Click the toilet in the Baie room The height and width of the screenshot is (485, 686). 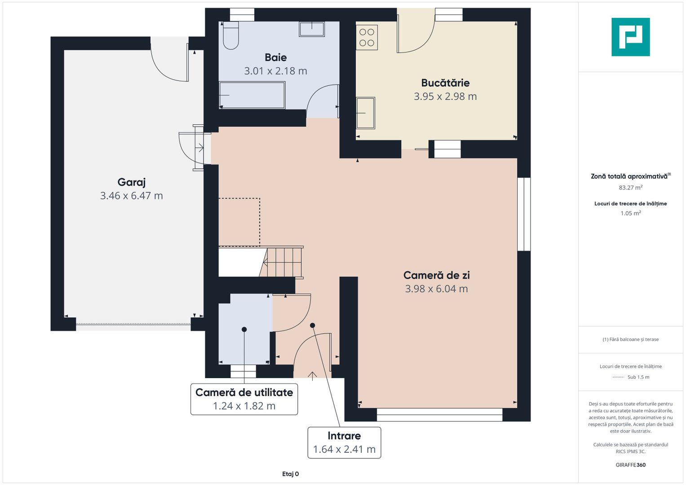click(x=230, y=35)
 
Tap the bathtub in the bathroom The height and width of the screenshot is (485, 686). click(x=252, y=95)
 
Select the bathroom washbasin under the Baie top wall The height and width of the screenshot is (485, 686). click(x=312, y=29)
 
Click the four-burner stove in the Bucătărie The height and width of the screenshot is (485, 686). click(x=367, y=37)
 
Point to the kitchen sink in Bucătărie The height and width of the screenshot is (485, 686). click(x=366, y=113)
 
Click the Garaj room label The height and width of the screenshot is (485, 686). click(x=131, y=182)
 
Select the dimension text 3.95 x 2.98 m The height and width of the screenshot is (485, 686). click(x=445, y=97)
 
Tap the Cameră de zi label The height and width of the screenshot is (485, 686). click(x=436, y=275)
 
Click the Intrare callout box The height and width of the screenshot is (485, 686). click(x=344, y=442)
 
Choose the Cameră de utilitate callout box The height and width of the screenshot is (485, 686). click(x=244, y=399)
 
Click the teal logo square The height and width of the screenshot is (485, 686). click(x=631, y=37)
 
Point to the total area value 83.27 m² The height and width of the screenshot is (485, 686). click(x=631, y=187)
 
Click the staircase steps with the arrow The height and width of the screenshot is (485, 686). click(x=281, y=262)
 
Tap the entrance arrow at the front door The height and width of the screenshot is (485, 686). click(x=312, y=376)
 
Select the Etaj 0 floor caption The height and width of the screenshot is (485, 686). click(x=290, y=474)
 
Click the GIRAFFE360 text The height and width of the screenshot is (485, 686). click(x=631, y=465)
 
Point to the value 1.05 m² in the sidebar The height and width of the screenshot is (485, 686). click(x=631, y=213)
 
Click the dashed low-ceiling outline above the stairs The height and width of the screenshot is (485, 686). click(x=260, y=222)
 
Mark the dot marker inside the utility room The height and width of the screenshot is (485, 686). click(x=244, y=330)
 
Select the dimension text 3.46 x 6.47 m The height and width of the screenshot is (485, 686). click(x=131, y=196)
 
